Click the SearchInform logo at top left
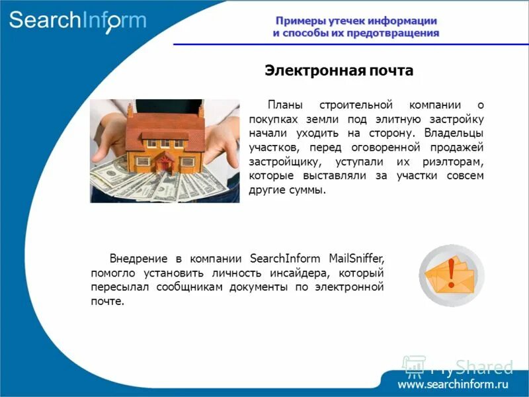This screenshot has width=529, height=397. click(77, 20)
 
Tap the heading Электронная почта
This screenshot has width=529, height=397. click(339, 70)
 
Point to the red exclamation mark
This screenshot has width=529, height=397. click(452, 273)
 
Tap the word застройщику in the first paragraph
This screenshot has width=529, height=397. click(282, 161)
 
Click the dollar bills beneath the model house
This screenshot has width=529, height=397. click(152, 182)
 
